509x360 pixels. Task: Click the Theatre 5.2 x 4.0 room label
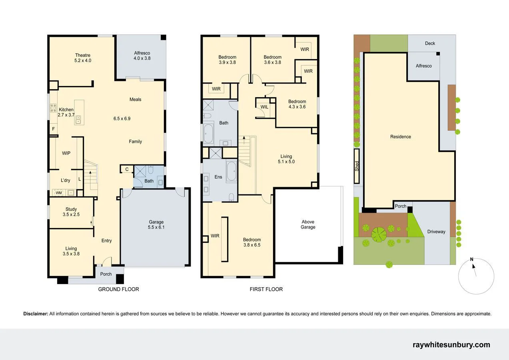click(x=83, y=58)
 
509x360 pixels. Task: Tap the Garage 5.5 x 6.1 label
click(x=156, y=224)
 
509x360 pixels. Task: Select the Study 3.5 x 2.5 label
click(x=71, y=212)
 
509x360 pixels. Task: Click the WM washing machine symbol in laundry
click(x=59, y=193)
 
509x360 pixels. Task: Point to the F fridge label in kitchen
click(x=53, y=129)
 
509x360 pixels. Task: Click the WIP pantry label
click(x=66, y=153)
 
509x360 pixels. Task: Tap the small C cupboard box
click(x=127, y=169)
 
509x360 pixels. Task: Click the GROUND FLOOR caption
click(x=118, y=289)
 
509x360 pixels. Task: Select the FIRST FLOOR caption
click(x=266, y=289)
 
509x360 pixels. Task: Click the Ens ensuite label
click(x=218, y=177)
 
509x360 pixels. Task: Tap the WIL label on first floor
click(x=264, y=107)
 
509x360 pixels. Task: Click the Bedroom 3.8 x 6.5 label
click(x=252, y=242)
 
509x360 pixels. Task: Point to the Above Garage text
click(x=308, y=224)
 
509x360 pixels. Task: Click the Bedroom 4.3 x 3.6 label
click(x=297, y=104)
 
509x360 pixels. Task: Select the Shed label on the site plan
click(x=357, y=166)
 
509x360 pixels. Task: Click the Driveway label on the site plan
click(x=436, y=232)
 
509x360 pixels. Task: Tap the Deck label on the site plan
click(x=430, y=43)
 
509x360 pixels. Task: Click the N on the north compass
click(x=472, y=259)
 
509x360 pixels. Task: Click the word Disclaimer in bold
click(x=36, y=314)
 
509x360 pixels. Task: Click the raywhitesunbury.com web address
click(x=451, y=345)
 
